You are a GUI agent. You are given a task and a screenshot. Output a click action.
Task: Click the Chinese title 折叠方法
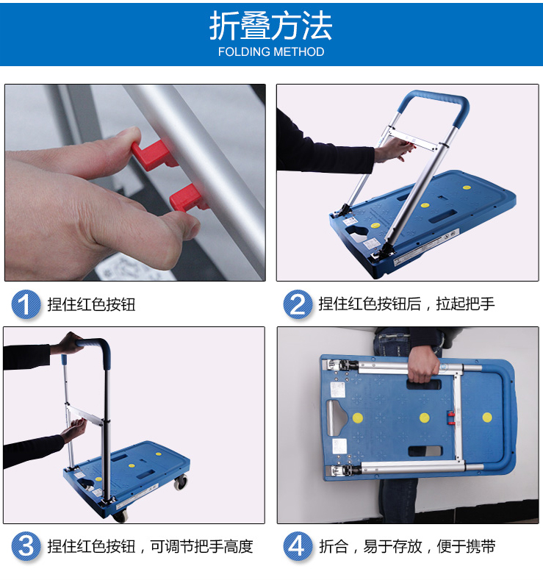270,26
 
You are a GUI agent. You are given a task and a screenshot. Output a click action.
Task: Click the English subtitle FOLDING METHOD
271,51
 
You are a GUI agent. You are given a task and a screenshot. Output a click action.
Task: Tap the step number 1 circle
26,304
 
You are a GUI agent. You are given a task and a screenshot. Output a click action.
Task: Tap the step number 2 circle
298,304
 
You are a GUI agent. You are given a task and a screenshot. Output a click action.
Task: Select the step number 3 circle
26,546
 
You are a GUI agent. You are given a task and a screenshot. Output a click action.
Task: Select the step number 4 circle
298,546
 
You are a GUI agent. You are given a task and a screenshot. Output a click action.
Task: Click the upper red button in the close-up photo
153,154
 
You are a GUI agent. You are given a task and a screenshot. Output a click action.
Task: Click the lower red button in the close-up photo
187,198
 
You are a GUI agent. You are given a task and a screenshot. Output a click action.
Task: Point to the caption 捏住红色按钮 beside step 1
91,304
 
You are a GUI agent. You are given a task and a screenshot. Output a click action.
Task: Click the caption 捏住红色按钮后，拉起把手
406,304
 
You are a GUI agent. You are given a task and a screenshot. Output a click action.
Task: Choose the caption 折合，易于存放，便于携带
407,546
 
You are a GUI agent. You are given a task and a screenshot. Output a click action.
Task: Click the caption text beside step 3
150,546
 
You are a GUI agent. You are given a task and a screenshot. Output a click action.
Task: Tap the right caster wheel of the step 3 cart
180,482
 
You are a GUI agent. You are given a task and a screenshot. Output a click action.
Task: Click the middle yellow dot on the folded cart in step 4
425,418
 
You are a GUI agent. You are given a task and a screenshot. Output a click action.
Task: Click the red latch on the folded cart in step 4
451,418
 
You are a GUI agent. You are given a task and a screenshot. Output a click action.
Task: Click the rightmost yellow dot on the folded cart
487,418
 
